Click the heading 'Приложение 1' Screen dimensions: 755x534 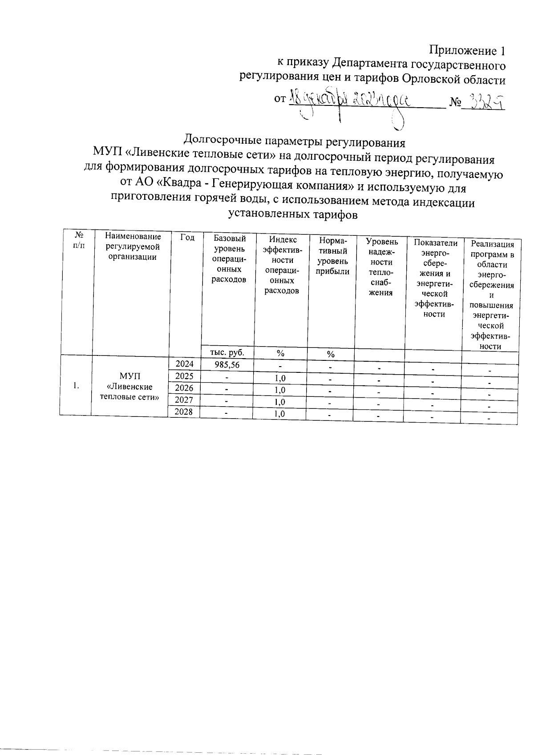click(x=467, y=50)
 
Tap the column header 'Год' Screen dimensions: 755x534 click(x=187, y=238)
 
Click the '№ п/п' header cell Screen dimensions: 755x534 click(x=78, y=239)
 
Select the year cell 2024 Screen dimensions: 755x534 click(x=185, y=364)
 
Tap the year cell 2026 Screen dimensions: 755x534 click(x=184, y=388)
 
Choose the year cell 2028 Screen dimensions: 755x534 click(x=184, y=412)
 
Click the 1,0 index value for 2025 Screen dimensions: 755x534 click(x=279, y=378)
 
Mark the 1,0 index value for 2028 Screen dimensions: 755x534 click(x=279, y=414)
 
